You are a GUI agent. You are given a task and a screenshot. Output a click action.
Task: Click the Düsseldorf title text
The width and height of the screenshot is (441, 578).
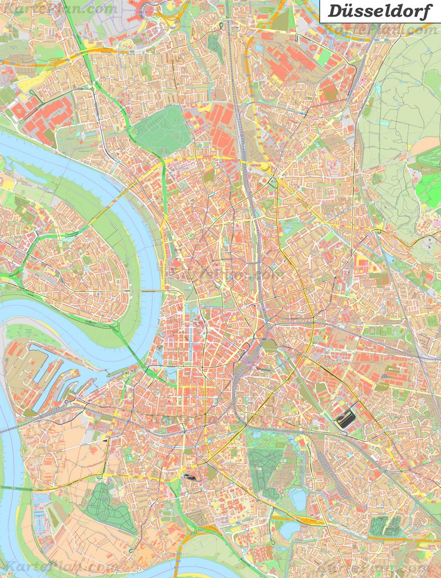click(380, 11)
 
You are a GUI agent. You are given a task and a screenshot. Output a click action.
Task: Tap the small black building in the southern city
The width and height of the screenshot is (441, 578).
click(190, 476)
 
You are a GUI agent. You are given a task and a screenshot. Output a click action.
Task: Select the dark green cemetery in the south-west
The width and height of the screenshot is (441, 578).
click(107, 506)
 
